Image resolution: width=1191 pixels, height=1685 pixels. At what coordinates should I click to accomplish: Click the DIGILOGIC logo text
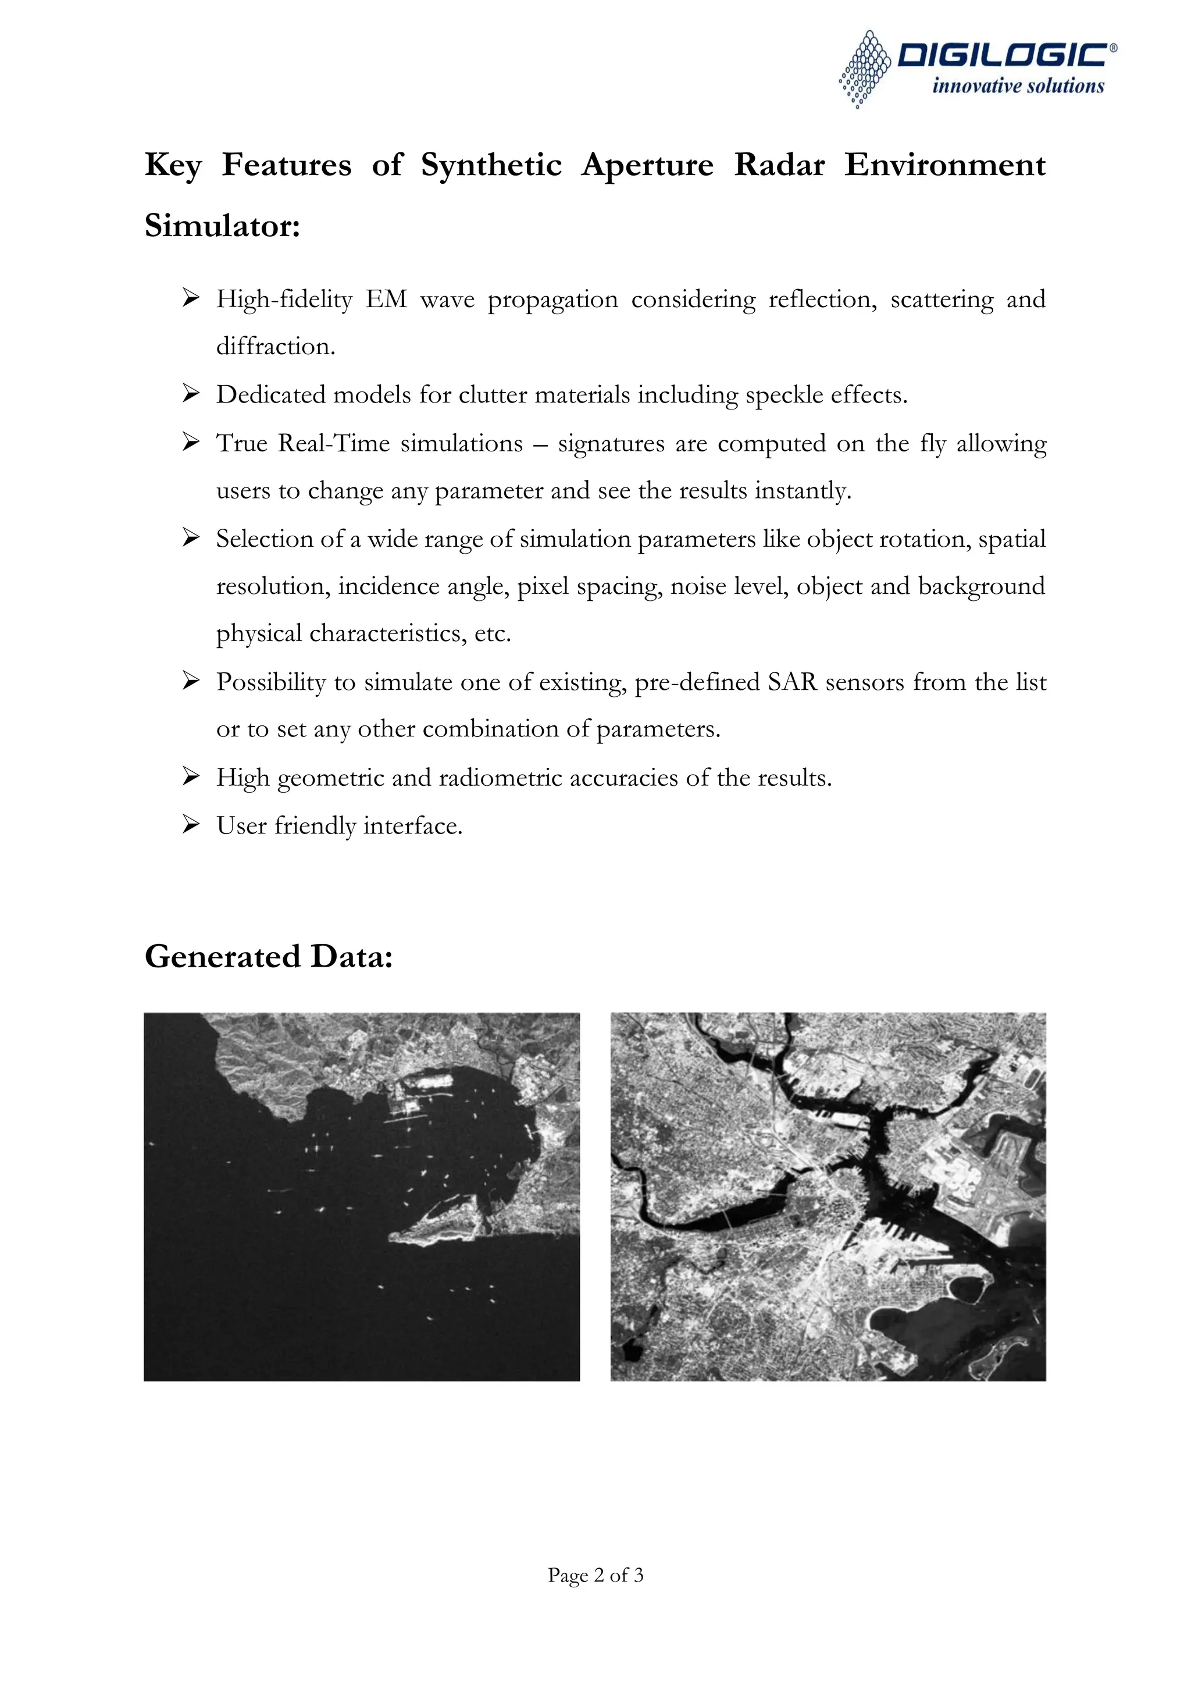1005,56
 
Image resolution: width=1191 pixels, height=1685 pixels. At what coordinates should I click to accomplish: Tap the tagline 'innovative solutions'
1018,87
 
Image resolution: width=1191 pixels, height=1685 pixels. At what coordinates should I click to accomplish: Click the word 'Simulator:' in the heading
222,225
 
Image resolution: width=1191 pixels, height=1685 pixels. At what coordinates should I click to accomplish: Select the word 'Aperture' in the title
647,165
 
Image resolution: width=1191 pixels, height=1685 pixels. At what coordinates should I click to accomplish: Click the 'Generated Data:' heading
269,956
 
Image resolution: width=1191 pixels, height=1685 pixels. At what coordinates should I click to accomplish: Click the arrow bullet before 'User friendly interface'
191,825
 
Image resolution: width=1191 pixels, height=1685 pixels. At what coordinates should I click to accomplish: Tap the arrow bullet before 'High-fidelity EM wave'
191,298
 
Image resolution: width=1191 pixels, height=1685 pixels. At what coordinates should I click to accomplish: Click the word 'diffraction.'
275,347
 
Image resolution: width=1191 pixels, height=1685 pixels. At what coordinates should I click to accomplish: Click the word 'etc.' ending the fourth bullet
493,633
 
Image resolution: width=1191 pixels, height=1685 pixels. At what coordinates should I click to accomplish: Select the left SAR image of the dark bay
362,1196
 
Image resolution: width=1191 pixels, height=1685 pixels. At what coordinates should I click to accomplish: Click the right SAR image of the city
828,1196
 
